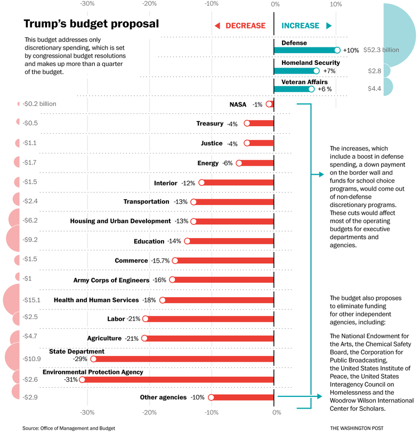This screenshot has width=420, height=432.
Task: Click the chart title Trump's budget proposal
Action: coord(91,24)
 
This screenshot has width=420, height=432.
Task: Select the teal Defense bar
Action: coord(305,50)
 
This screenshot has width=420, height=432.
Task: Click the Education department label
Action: coord(149,241)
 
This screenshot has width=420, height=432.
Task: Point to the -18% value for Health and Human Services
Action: coord(149,300)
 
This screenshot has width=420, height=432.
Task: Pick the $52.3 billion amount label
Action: coord(381,50)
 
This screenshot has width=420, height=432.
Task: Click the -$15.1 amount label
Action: coord(31,300)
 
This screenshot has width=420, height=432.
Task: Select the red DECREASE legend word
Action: coord(245,26)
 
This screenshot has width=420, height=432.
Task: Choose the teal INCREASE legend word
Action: coord(300,26)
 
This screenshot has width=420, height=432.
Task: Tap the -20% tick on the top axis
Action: coord(150,4)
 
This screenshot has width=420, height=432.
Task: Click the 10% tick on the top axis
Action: coord(336,4)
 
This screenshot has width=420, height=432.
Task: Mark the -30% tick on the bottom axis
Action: coord(87,412)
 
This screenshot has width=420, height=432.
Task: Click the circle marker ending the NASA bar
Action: coord(269,104)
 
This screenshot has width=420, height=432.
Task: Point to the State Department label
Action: coord(77,352)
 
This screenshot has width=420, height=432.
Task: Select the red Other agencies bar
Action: coord(243,397)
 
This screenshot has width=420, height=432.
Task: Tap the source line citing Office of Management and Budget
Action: coord(69,428)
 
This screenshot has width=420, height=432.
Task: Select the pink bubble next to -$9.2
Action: coord(13,240)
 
